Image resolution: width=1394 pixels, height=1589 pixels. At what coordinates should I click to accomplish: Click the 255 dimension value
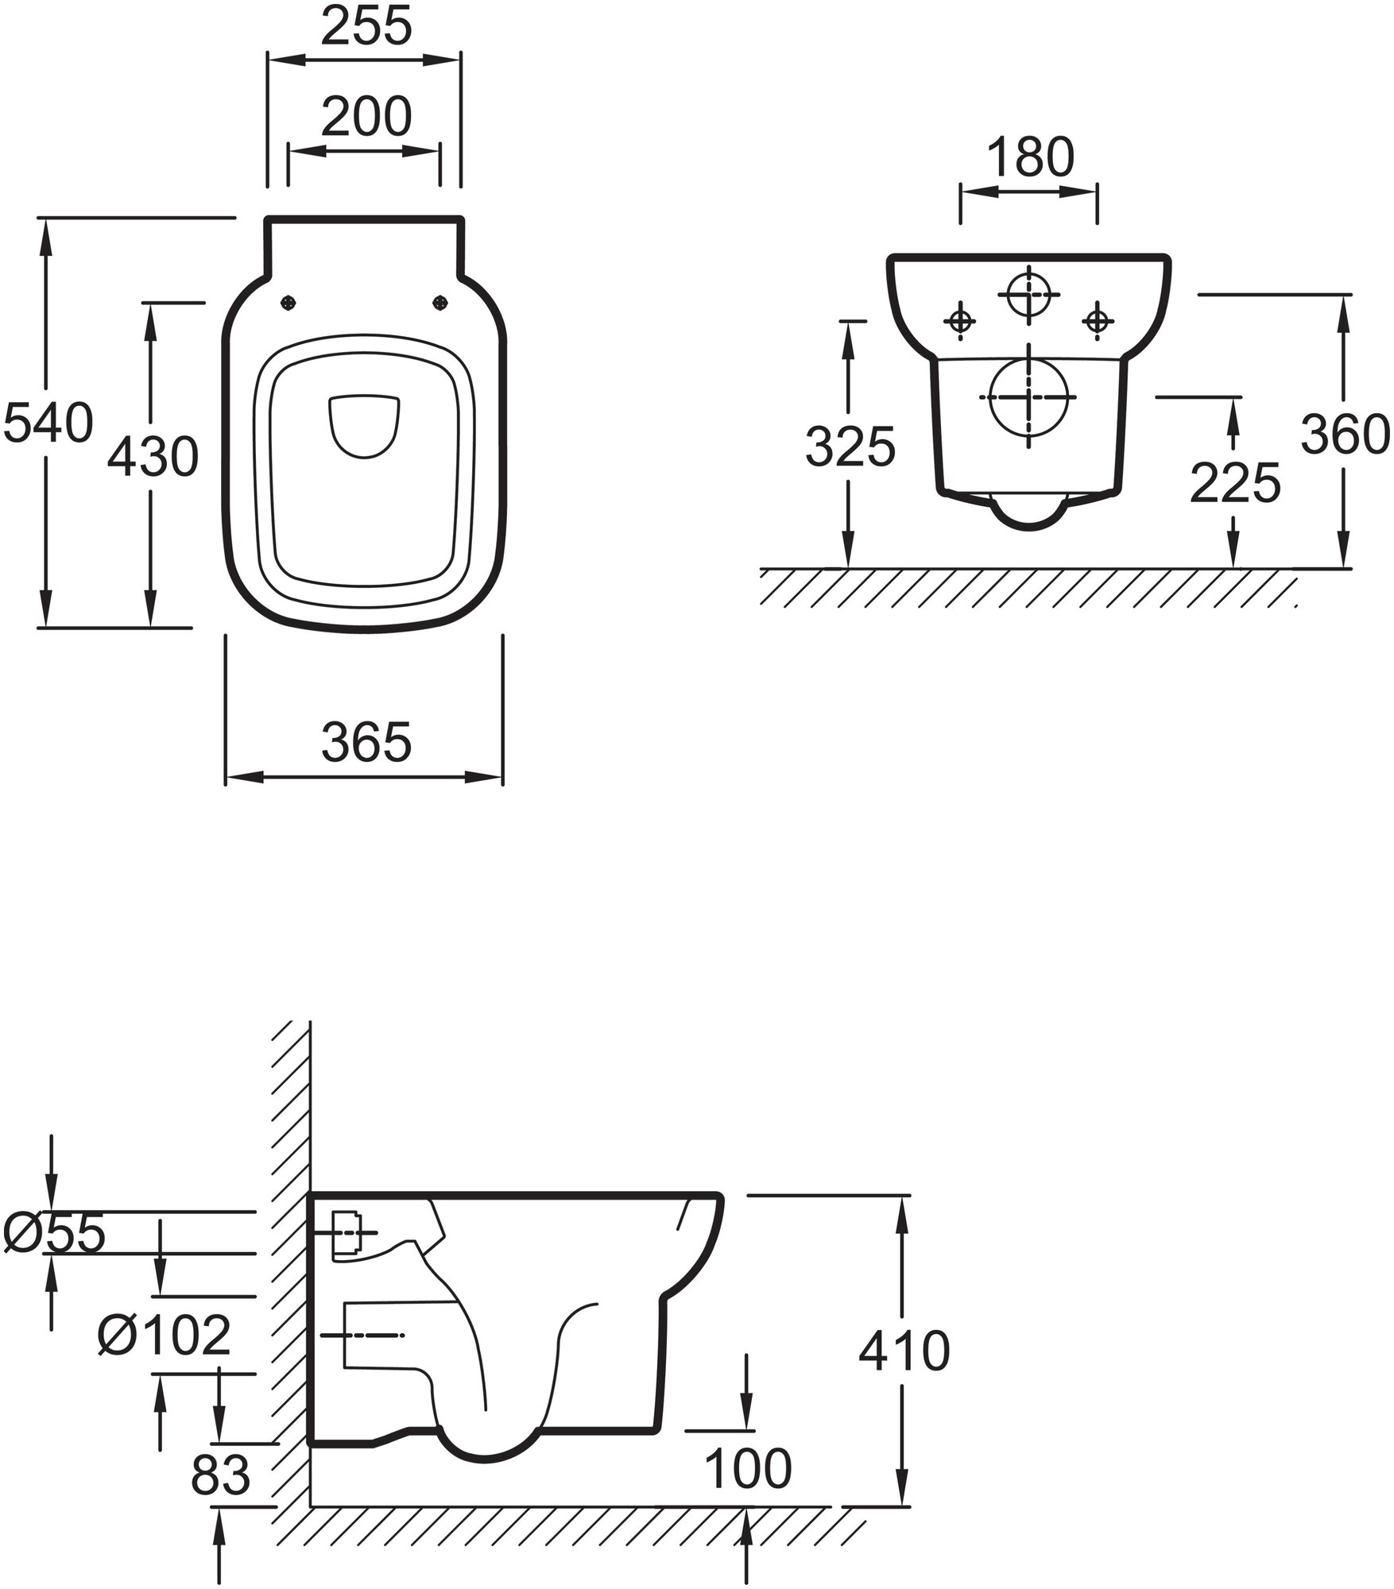click(x=366, y=27)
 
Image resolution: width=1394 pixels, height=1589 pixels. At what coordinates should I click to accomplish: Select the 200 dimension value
click(x=366, y=117)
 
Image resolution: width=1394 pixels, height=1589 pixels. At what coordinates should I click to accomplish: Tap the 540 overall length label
click(x=48, y=422)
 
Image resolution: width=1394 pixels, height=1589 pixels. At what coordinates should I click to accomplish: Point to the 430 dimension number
click(x=152, y=458)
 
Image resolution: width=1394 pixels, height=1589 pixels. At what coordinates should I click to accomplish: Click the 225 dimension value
click(x=1235, y=482)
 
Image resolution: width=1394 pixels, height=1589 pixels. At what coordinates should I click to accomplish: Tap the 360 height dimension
click(x=1346, y=435)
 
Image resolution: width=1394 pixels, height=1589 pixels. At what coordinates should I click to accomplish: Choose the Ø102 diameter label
click(x=164, y=1334)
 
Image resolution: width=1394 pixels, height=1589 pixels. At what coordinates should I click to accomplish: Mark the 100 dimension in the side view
click(x=748, y=1468)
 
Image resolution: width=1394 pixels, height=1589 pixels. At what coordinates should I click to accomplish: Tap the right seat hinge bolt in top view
click(x=439, y=302)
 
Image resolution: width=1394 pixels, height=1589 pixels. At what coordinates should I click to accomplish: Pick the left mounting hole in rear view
click(x=960, y=321)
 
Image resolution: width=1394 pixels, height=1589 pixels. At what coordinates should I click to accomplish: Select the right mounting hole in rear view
click(x=1098, y=321)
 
